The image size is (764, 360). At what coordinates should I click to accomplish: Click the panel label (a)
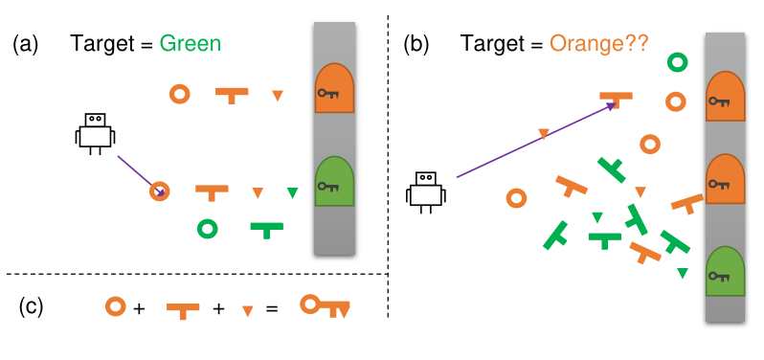click(25, 44)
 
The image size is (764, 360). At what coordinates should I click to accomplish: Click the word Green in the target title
click(191, 44)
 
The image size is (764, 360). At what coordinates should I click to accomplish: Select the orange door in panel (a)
click(334, 88)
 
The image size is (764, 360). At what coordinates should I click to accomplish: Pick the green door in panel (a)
click(334, 181)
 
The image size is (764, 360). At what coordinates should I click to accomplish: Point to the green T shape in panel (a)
click(266, 230)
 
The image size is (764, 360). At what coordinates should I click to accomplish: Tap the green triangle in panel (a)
click(292, 192)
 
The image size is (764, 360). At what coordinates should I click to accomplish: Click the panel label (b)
click(416, 44)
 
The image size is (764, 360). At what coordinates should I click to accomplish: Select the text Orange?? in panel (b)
click(598, 44)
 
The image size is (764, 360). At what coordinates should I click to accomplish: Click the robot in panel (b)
click(426, 191)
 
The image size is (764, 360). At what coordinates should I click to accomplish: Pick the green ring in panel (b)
click(677, 62)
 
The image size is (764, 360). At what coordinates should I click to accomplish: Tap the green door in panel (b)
click(726, 271)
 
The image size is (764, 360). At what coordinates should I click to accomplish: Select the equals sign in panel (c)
click(272, 308)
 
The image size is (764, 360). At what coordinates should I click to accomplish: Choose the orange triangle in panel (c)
click(248, 311)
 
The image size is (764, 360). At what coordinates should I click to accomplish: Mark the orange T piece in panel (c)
click(183, 308)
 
